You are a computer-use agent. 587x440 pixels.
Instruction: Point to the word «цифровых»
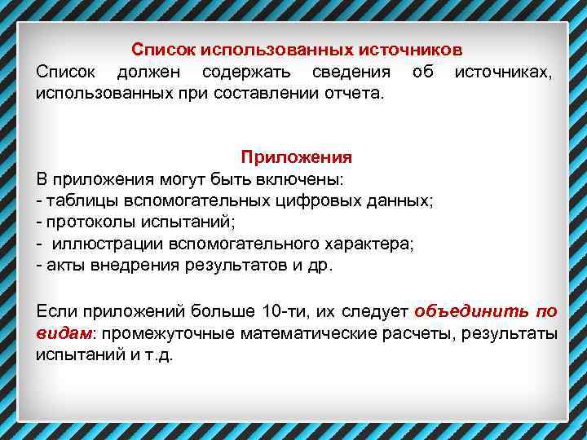point(309,200)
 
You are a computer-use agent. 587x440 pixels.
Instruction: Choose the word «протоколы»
point(86,221)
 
